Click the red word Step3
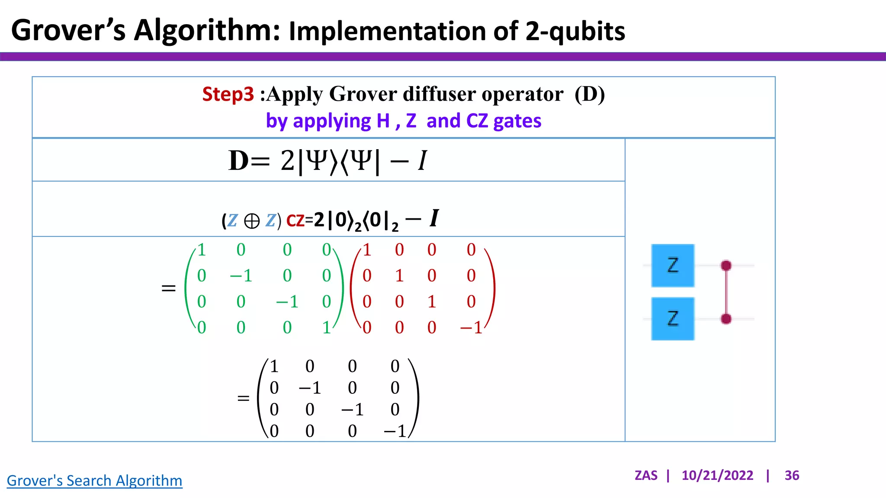click(x=228, y=94)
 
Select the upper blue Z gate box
click(x=673, y=265)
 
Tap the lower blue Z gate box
click(x=673, y=319)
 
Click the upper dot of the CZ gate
click(x=726, y=265)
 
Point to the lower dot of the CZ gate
click(x=726, y=319)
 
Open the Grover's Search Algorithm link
click(x=94, y=480)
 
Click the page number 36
click(x=792, y=476)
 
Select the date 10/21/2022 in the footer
click(x=717, y=476)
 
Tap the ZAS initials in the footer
click(x=646, y=476)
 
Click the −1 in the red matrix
click(x=471, y=328)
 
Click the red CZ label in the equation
click(x=295, y=221)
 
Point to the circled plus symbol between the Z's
click(x=252, y=221)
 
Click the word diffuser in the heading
click(x=439, y=94)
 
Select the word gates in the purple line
click(x=517, y=121)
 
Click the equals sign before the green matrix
click(x=168, y=288)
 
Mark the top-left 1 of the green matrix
click(x=202, y=250)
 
